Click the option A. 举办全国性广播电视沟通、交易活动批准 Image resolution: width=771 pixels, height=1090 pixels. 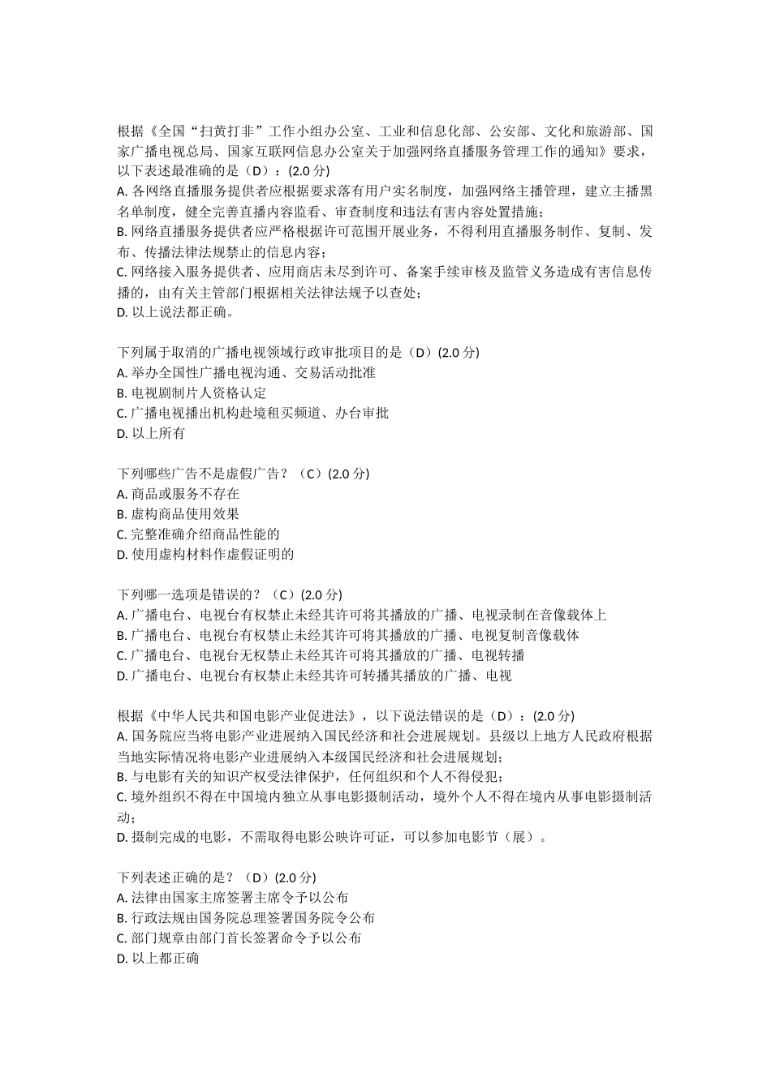(x=246, y=373)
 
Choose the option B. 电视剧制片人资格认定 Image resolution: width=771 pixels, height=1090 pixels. (x=192, y=393)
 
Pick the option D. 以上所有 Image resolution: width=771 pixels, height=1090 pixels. (x=151, y=434)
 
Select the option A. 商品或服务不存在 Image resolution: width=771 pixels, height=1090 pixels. (x=179, y=494)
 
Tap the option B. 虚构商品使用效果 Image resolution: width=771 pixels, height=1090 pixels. (x=179, y=514)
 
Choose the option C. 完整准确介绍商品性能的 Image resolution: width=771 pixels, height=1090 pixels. (x=199, y=534)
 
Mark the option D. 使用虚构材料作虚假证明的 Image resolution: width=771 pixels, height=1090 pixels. (x=205, y=555)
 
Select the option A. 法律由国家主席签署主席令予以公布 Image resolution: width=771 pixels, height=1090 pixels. (x=233, y=898)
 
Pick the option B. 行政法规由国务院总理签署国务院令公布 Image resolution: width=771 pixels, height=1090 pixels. (x=246, y=918)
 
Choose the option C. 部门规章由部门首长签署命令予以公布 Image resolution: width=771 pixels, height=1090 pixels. (x=239, y=938)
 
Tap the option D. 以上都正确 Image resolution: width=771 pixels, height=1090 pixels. (x=158, y=959)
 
